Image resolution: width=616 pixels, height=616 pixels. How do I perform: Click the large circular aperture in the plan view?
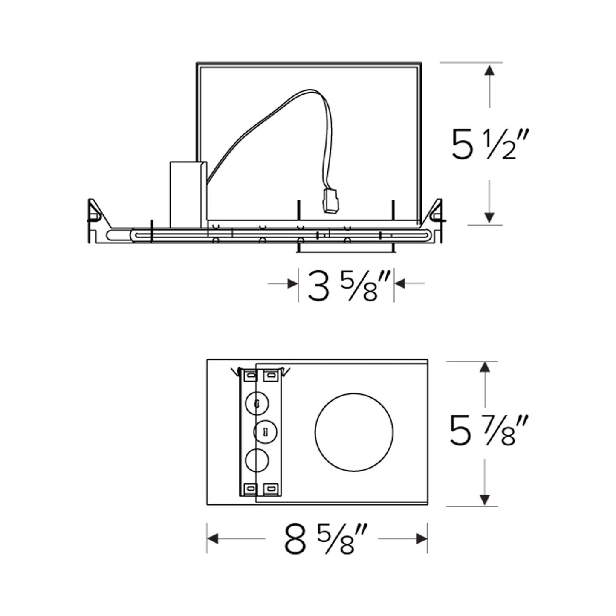point(354,432)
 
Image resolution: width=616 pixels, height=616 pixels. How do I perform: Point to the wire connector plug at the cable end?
point(330,200)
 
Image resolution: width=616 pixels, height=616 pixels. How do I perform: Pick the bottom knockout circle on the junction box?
point(257,461)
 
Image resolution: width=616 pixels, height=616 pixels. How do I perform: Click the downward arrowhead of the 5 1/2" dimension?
point(489,217)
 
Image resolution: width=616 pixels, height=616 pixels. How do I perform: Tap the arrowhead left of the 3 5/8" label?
point(292,283)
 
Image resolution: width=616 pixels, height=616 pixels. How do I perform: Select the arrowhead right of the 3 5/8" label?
point(399,283)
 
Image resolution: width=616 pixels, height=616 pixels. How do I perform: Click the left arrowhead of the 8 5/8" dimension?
point(213,539)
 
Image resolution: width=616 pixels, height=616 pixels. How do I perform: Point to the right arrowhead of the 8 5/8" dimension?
point(422,539)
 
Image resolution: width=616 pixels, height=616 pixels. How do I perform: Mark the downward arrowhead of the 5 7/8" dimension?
point(484,500)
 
